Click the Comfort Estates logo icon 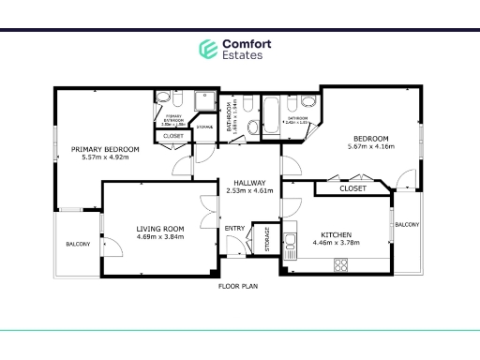(207, 49)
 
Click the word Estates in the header (242, 55)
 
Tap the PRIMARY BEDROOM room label (105, 149)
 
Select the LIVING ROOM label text (159, 228)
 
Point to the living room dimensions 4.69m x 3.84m (159, 237)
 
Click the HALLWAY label (250, 182)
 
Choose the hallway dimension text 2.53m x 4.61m (250, 190)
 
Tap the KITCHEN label (335, 234)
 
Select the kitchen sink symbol (290, 240)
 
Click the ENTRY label (233, 228)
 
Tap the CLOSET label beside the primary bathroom (173, 136)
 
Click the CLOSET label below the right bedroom (352, 188)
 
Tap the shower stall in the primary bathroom (203, 101)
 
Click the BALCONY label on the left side (78, 245)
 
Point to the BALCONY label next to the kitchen (407, 224)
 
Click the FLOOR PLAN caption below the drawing (238, 286)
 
